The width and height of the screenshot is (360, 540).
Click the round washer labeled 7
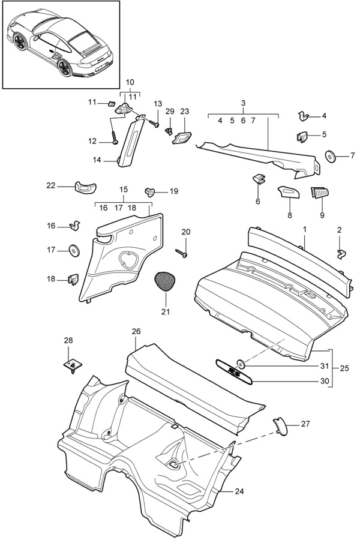(x=330, y=156)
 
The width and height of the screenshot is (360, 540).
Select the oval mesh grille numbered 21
(x=166, y=280)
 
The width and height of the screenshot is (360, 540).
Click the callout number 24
(x=240, y=491)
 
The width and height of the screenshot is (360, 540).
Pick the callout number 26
(x=136, y=331)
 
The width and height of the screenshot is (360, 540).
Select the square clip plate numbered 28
(x=72, y=364)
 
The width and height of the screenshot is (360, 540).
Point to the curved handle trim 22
(x=85, y=186)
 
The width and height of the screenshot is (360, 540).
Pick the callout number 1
(x=304, y=230)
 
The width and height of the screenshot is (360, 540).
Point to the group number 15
(x=124, y=190)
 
